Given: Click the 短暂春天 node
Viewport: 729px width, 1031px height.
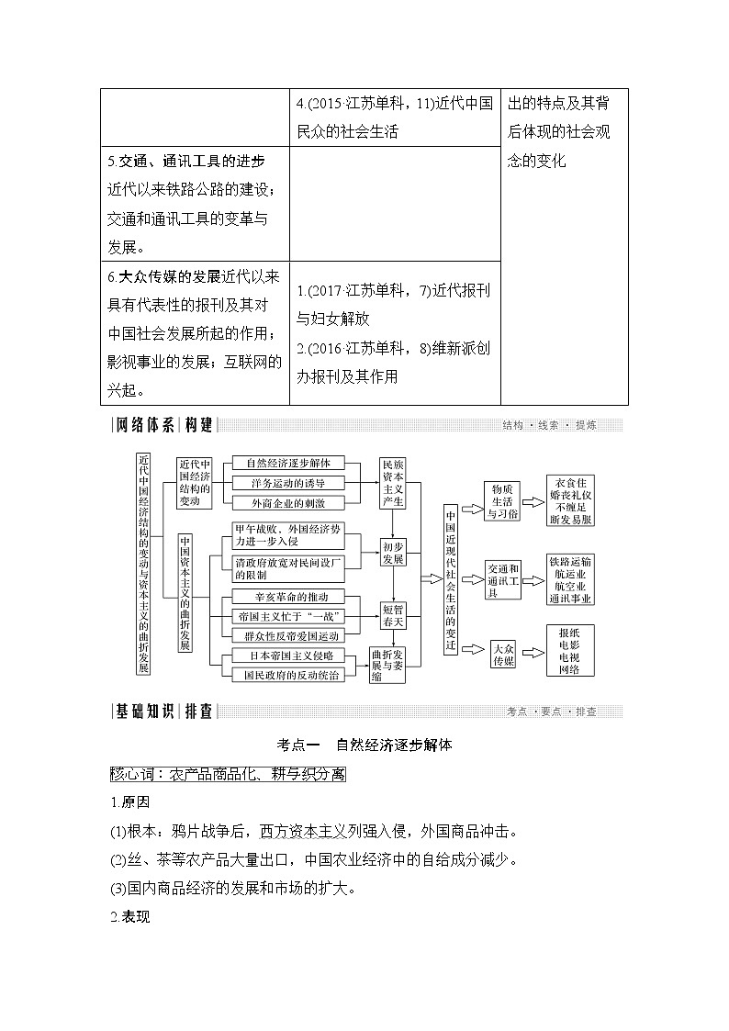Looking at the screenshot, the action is pos(394,615).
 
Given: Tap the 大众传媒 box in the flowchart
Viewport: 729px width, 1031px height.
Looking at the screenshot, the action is pos(504,654).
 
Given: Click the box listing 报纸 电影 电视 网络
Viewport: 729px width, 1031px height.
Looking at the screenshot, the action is pos(569,650).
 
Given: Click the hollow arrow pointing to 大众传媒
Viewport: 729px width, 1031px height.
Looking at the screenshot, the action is pos(472,648).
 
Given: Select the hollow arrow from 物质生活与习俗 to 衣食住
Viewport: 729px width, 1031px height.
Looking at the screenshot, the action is pos(533,501).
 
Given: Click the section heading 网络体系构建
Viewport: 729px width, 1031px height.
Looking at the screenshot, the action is pos(163,424).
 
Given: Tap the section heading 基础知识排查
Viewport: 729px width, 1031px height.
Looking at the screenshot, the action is pos(163,712).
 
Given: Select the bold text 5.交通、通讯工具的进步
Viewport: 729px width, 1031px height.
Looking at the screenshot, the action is pos(186,162).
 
